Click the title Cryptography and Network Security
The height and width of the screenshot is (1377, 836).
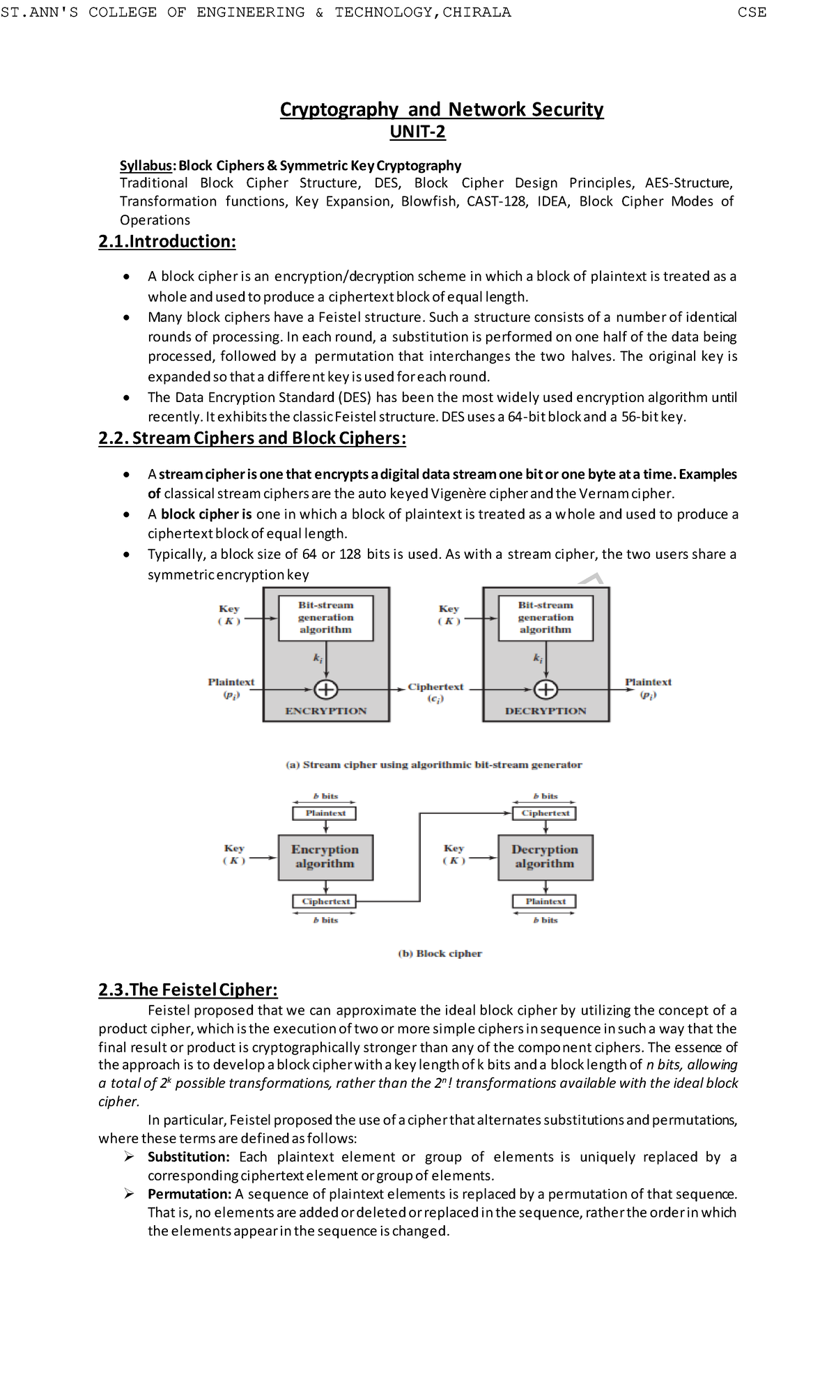(x=441, y=109)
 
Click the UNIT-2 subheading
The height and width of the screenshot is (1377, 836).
(x=417, y=132)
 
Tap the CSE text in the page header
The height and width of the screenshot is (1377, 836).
(x=752, y=12)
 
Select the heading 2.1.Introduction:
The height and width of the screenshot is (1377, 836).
(x=167, y=242)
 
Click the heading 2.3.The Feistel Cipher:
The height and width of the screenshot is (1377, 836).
(x=188, y=990)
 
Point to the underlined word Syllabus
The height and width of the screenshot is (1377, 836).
(x=146, y=166)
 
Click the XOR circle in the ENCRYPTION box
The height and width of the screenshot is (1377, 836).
(x=326, y=690)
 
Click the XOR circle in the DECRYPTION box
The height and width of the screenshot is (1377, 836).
(x=545, y=690)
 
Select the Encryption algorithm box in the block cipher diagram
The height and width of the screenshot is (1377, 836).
(x=325, y=857)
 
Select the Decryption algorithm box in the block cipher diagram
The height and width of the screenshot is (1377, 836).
(x=545, y=857)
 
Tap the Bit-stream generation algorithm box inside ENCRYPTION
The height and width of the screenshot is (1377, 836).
(x=325, y=617)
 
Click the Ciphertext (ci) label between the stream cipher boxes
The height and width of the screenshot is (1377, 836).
(x=435, y=691)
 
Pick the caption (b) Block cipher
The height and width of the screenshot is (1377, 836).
(x=440, y=953)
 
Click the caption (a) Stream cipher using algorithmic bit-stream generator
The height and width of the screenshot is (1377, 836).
(x=433, y=764)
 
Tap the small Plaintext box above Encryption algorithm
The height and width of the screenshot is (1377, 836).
(x=325, y=813)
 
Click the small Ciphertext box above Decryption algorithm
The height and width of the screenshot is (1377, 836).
(x=545, y=813)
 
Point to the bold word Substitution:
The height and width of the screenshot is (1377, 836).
(x=188, y=1157)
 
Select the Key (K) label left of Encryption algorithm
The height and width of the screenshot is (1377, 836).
(x=233, y=854)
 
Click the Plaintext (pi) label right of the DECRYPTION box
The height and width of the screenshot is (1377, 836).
(x=648, y=687)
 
